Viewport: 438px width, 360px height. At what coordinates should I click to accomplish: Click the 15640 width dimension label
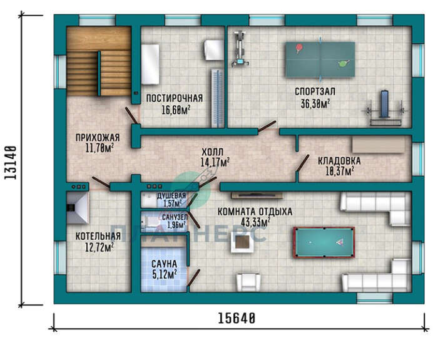point(237,318)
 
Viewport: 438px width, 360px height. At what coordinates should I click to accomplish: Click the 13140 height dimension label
point(11,163)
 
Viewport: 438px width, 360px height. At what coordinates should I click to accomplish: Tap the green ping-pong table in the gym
point(320,59)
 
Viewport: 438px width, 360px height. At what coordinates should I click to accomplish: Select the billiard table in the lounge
point(323,242)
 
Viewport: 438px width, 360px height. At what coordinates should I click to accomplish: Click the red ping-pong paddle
point(300,48)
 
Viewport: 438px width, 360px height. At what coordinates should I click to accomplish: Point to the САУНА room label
point(164,264)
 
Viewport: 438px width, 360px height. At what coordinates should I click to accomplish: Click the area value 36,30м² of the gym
point(315,104)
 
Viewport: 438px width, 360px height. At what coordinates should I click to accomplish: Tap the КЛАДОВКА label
point(339,161)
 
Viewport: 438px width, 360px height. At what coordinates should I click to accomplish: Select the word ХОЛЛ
point(212,152)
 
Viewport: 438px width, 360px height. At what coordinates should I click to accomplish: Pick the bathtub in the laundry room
point(150,64)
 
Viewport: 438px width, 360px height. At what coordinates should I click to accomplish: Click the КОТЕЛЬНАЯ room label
point(98,237)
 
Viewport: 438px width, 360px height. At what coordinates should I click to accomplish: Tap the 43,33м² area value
point(255,222)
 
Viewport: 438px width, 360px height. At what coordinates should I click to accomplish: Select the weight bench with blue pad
point(385,108)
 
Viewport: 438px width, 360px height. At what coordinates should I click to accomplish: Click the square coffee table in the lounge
point(242,242)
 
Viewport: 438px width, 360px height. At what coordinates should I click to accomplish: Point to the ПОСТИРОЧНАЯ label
point(175,98)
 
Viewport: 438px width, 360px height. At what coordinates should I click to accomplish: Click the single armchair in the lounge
point(248,282)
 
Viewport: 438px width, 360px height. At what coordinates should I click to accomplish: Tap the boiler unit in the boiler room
point(78,208)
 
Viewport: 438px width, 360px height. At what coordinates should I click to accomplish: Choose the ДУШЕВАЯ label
point(171,195)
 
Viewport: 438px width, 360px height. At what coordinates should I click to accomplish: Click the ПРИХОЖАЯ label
point(98,138)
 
